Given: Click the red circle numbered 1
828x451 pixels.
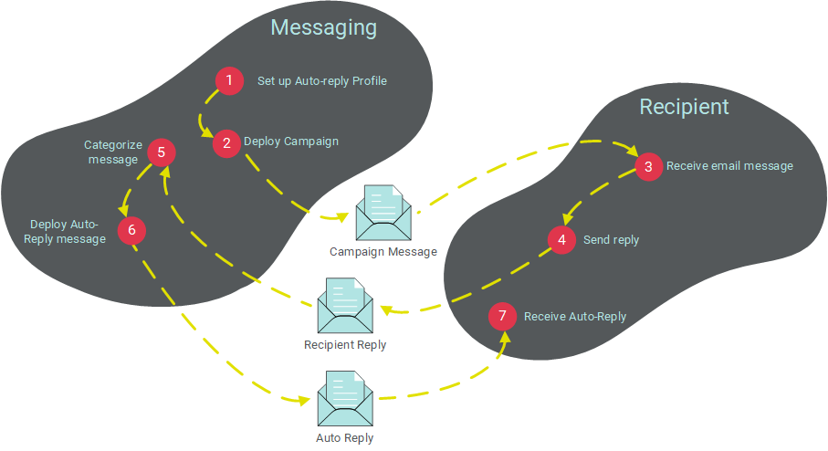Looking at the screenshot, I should (x=229, y=81).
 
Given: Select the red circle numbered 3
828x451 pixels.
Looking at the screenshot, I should (x=648, y=167).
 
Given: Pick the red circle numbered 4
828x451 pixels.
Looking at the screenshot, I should (x=561, y=240).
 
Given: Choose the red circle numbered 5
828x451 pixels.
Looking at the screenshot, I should (x=161, y=152).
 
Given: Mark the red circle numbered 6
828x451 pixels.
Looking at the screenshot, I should (x=131, y=231).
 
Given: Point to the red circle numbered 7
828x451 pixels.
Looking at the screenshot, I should (x=502, y=317).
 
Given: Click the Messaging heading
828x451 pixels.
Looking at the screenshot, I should (x=323, y=27).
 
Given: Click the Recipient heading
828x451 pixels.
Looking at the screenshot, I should (x=684, y=107).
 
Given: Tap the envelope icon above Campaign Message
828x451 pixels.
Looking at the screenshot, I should (x=383, y=212).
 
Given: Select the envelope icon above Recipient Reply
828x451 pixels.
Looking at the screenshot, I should (x=345, y=306).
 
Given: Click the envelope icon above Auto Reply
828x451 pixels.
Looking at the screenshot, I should (x=344, y=399).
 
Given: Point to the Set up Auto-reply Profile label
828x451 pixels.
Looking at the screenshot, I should (x=322, y=81).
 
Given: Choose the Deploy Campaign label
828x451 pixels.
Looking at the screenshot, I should (x=291, y=142).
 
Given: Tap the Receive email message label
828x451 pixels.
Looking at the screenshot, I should (x=729, y=166).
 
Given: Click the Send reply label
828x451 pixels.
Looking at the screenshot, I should (x=612, y=240).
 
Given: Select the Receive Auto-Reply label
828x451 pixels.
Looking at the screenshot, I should (x=575, y=317).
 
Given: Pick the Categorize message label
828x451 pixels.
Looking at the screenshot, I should (x=112, y=152).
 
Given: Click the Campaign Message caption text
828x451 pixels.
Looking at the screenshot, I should (x=383, y=251).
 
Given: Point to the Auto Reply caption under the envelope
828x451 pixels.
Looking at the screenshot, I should (x=345, y=438).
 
